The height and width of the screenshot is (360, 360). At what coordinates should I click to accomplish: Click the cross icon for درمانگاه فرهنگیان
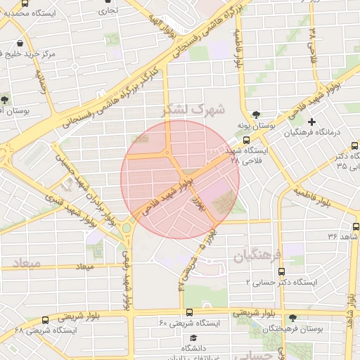pyautogui.click(x=311, y=122)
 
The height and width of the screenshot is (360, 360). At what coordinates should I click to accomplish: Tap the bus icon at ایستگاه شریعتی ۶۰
pyautogui.click(x=188, y=312)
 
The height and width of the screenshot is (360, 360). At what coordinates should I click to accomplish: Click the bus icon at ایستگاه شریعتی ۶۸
pyautogui.click(x=45, y=320)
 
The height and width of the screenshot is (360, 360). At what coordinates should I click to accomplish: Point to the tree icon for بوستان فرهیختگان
pyautogui.click(x=292, y=317)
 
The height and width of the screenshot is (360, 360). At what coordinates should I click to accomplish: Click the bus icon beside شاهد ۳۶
pyautogui.click(x=356, y=226)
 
